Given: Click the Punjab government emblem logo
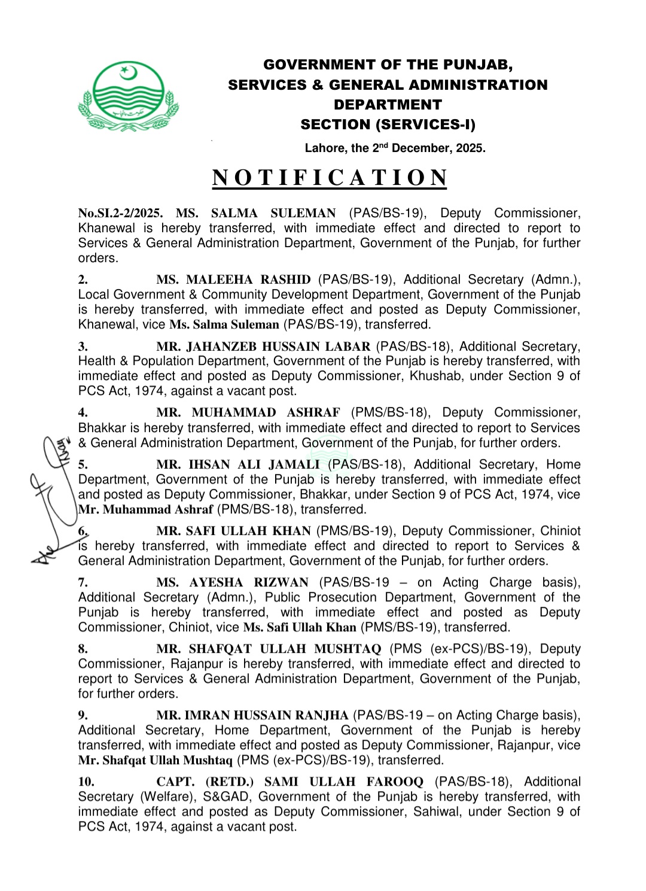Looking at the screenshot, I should tap(128, 96).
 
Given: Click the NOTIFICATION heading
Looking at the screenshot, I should tap(330, 178).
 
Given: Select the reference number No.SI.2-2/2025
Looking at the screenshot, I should tap(120, 213).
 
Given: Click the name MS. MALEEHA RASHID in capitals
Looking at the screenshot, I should tap(233, 279).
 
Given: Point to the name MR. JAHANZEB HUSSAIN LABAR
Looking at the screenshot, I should tap(263, 346).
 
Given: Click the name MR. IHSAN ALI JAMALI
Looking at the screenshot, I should tap(238, 464).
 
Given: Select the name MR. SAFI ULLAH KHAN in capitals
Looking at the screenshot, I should tap(233, 531).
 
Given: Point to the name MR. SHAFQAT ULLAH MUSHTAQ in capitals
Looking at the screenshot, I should tap(269, 649).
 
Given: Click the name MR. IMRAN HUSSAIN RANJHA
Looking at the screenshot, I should tap(252, 715).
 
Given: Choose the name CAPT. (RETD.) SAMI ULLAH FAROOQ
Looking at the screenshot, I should tap(290, 781).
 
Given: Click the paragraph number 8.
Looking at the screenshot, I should tap(83, 649).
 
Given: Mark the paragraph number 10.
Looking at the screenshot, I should tap(86, 781).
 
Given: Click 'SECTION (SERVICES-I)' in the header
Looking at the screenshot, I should tap(388, 124).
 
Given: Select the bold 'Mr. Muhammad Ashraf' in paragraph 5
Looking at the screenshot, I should tap(146, 509).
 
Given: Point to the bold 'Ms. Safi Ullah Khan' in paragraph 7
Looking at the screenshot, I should tap(300, 627).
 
